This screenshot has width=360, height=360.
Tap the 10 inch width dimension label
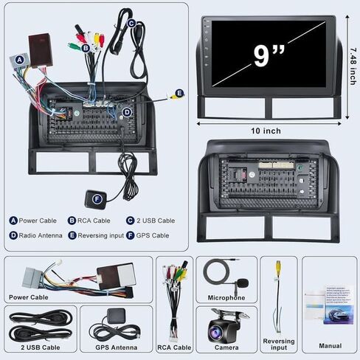(266, 131)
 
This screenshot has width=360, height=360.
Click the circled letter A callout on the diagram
(20, 59)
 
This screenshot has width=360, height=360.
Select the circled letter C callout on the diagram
(131, 23)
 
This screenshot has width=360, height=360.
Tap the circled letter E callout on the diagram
(181, 94)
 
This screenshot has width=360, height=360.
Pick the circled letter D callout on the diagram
(127, 112)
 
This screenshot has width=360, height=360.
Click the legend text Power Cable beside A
(38, 220)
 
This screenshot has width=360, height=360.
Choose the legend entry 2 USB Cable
(156, 220)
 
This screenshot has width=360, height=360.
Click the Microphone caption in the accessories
(225, 297)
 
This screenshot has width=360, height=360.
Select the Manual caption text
(330, 345)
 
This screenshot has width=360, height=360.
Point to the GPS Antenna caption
(117, 347)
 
